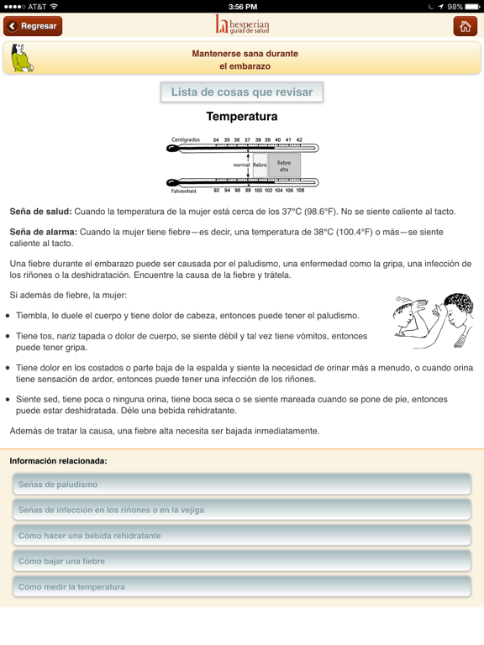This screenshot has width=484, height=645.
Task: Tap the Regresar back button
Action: coord(33,26)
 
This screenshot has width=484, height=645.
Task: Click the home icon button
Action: coord(465,26)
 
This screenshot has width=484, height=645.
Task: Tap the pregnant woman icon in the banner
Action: coord(21,59)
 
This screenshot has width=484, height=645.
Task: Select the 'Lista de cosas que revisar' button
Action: coord(242,92)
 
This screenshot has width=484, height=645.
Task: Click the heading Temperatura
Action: coord(242,117)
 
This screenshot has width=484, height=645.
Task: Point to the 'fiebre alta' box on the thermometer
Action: coord(284,165)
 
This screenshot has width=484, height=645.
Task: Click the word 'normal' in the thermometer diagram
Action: coord(241,165)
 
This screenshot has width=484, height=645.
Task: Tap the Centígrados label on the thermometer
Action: coord(186,140)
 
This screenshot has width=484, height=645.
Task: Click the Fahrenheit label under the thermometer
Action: coord(183,191)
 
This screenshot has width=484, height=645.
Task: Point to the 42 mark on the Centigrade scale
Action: coord(299,140)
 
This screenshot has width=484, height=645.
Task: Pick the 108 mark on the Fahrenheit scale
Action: coord(300,191)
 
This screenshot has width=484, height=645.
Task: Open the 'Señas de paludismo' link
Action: coord(242,485)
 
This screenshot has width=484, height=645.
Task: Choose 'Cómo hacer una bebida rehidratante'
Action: coord(242,536)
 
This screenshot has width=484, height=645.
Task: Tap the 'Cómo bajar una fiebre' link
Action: coord(242,561)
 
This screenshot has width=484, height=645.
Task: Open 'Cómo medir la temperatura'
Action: coord(242,587)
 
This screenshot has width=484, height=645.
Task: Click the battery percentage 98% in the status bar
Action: coord(455,6)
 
